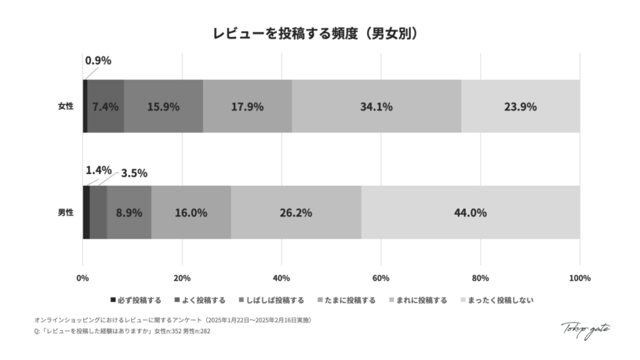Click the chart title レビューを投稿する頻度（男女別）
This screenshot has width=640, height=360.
point(319,33)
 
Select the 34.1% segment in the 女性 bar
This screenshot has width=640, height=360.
point(376,106)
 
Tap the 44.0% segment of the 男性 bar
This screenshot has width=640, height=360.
point(470,212)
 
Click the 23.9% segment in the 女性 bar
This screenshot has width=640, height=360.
point(520,106)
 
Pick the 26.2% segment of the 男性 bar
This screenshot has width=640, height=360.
point(296,212)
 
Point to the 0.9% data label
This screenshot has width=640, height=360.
point(98,61)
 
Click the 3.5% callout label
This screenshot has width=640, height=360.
point(134,174)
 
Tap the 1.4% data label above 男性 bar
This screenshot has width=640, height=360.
point(98,170)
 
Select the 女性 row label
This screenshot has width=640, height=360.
point(65,106)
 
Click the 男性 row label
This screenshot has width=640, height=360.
point(65,212)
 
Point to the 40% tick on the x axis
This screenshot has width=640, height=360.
point(282,277)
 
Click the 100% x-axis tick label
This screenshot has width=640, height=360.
point(579,277)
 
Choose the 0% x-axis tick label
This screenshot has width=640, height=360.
point(82,277)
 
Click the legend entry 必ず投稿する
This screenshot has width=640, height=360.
point(136,300)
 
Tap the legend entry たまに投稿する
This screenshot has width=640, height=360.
point(347,300)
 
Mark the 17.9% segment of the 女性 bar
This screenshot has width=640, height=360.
point(247,106)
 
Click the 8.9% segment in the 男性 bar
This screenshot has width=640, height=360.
point(129,212)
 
